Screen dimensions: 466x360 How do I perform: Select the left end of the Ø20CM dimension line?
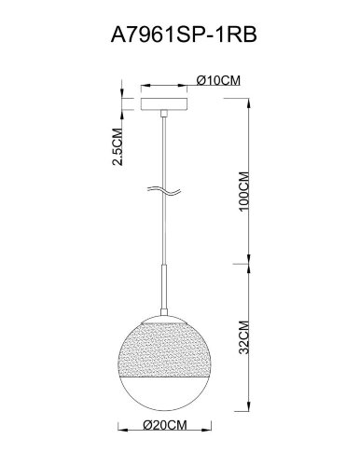click(124, 432)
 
